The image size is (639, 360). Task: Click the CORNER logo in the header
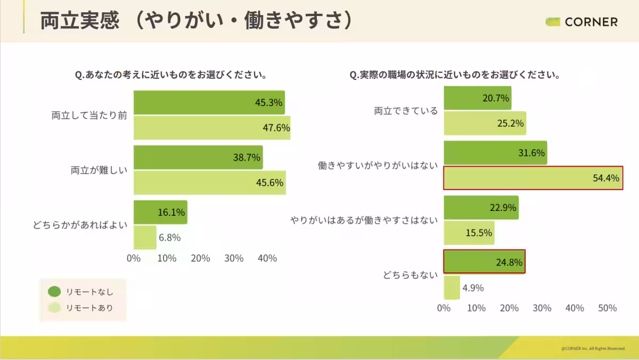[x=581, y=22]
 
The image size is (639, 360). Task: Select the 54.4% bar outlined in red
[x=532, y=178]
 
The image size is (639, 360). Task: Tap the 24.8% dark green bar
[x=484, y=261]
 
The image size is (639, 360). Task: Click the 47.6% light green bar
[x=211, y=128]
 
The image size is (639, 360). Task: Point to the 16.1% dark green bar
[x=160, y=212]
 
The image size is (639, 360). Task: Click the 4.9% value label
[x=473, y=288]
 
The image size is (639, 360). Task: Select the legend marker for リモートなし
[x=54, y=291]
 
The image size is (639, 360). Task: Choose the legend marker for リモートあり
[x=54, y=307]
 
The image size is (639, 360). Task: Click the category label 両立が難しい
[x=99, y=170]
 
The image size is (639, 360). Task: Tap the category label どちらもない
[x=410, y=275]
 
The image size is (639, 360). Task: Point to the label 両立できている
[x=406, y=111]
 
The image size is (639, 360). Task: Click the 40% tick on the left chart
[x=267, y=258]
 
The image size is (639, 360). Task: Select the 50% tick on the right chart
[x=608, y=308]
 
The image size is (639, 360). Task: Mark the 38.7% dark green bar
[x=198, y=157]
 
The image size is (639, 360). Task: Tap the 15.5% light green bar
[x=469, y=233]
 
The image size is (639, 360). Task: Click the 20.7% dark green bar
[x=477, y=98]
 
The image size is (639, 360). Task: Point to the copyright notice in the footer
[x=593, y=348]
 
